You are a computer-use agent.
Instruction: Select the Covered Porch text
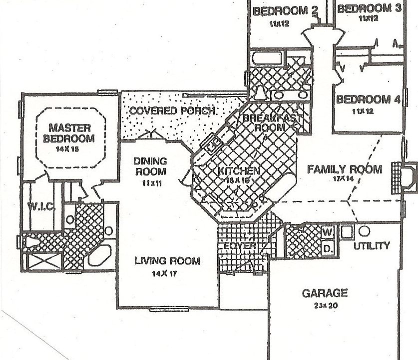tap(172, 110)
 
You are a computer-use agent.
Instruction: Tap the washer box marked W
tap(328, 232)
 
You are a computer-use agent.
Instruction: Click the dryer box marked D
tap(328, 247)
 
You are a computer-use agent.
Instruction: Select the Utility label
tap(371, 245)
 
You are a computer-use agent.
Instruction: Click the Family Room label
tap(344, 169)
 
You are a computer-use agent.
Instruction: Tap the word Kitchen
tap(239, 171)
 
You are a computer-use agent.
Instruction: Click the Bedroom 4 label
tap(368, 99)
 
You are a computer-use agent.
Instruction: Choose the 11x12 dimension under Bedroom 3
tap(369, 18)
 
